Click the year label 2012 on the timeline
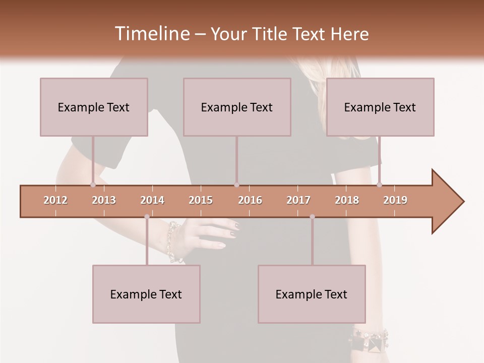pos(55,200)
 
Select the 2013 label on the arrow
pos(104,200)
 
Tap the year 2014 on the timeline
pos(152,200)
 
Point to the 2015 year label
pos(201,200)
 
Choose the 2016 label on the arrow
pos(250,200)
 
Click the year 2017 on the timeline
pos(298,200)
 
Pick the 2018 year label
pos(347,200)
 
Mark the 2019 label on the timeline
pos(395,200)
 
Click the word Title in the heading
pos(272,34)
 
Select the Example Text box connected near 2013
pos(94,107)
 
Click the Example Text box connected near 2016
pos(237,107)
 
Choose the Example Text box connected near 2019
pos(380,107)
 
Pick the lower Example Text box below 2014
pos(146,294)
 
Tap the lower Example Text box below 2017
pos(312,294)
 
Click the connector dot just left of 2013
pos(93,185)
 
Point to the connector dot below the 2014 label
pos(147,217)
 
